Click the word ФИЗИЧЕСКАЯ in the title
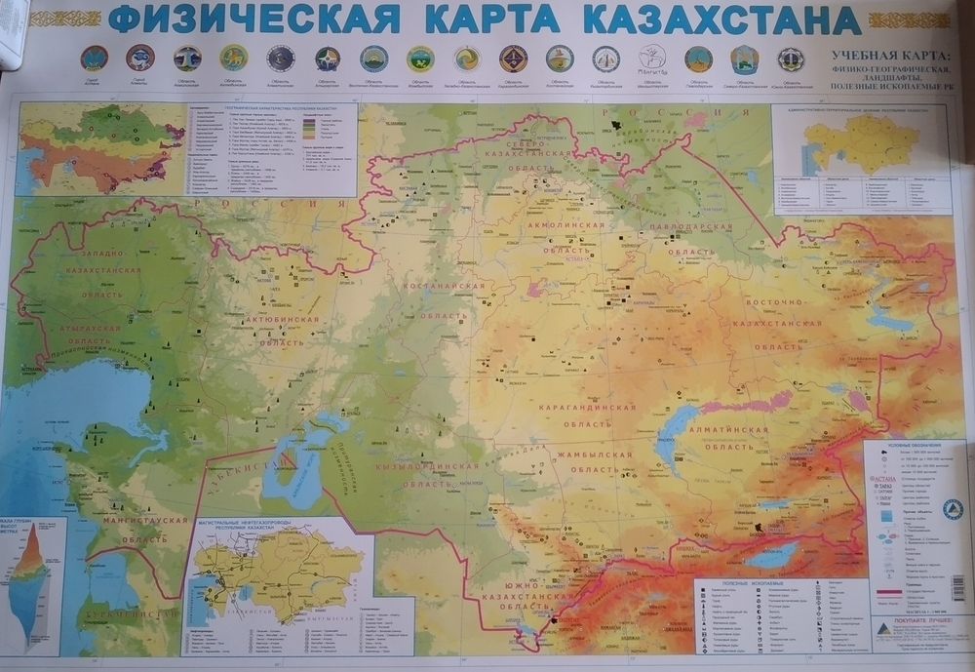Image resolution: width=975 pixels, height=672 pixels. [254, 20]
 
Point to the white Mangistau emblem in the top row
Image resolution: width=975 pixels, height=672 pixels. [651, 58]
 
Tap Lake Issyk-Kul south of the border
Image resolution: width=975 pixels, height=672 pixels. [770, 560]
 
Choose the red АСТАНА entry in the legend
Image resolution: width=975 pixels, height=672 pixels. [885, 479]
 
